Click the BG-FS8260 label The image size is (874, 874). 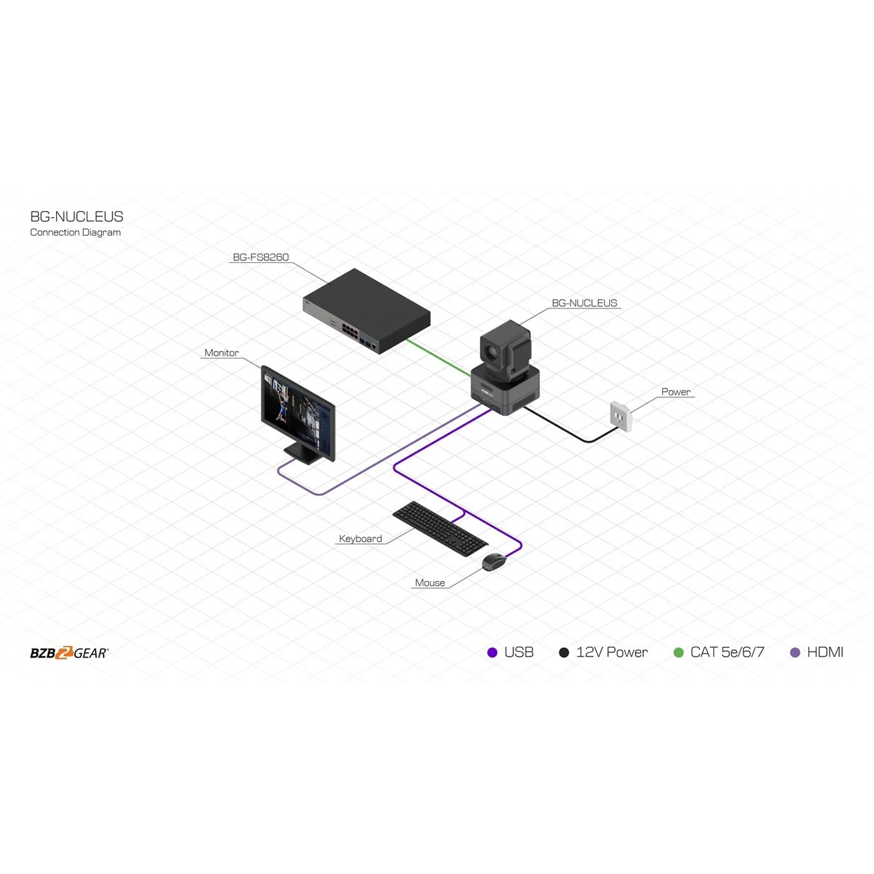(261, 257)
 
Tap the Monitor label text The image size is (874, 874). (221, 353)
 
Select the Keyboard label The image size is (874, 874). (361, 539)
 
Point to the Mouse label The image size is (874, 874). (429, 583)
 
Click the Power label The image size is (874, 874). (675, 392)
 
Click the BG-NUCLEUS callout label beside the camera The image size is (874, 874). (584, 303)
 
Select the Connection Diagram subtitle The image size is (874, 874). (75, 233)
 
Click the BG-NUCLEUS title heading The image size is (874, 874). (76, 216)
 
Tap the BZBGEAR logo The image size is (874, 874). (69, 653)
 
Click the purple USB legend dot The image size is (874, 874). (492, 653)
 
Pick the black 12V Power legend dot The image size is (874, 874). (564, 653)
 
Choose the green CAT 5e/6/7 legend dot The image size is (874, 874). (678, 653)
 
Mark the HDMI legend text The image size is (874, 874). (825, 653)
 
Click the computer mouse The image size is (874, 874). (494, 562)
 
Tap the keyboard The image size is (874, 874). (440, 528)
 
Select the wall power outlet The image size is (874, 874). (620, 417)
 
